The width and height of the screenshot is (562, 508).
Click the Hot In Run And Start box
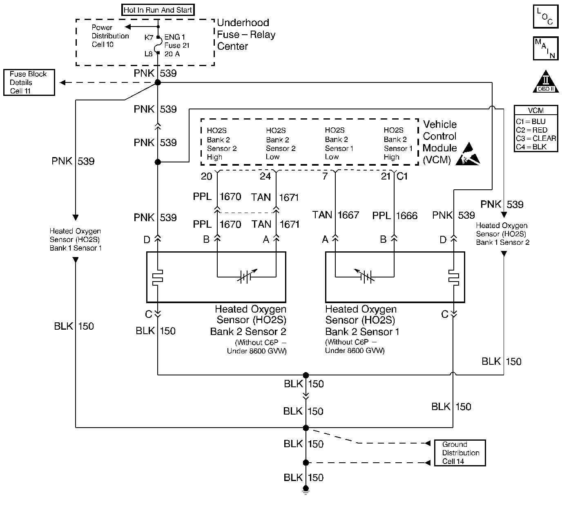point(158,10)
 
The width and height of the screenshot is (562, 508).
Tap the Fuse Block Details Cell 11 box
point(29,82)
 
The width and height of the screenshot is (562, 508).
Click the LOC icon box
point(545,16)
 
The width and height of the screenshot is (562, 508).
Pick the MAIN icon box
point(545,49)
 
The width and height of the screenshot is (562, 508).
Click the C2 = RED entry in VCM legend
point(531,130)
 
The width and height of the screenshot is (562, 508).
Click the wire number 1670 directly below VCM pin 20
point(230,197)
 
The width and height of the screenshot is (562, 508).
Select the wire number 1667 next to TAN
point(348,215)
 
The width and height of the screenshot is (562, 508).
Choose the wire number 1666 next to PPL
point(407,215)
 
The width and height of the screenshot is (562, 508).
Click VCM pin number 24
point(265,176)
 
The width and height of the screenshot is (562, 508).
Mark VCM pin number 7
point(325,176)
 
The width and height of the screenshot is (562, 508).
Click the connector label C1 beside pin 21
point(402,176)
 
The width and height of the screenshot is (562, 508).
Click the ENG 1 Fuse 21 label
point(177,45)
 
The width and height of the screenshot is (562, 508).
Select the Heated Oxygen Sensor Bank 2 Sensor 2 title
point(248,320)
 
